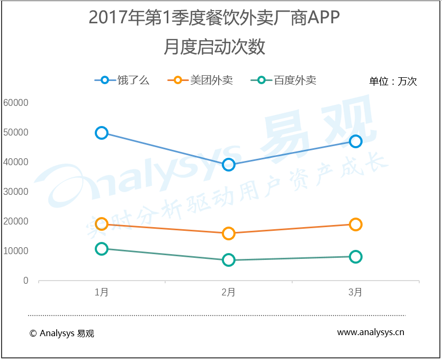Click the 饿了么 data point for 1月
[102, 133]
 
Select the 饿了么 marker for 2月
[229, 165]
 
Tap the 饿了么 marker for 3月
[356, 141]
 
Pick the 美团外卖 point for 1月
[102, 224]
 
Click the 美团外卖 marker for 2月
[229, 233]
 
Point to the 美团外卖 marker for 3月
[356, 224]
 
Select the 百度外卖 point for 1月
[102, 249]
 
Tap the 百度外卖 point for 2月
[229, 260]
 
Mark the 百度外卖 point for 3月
[356, 257]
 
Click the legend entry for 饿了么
[122, 80]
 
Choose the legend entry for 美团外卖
[200, 80]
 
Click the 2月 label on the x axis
[229, 292]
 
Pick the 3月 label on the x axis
[356, 292]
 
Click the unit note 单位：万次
[393, 82]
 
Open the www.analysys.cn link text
[371, 332]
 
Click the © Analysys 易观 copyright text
[62, 334]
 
